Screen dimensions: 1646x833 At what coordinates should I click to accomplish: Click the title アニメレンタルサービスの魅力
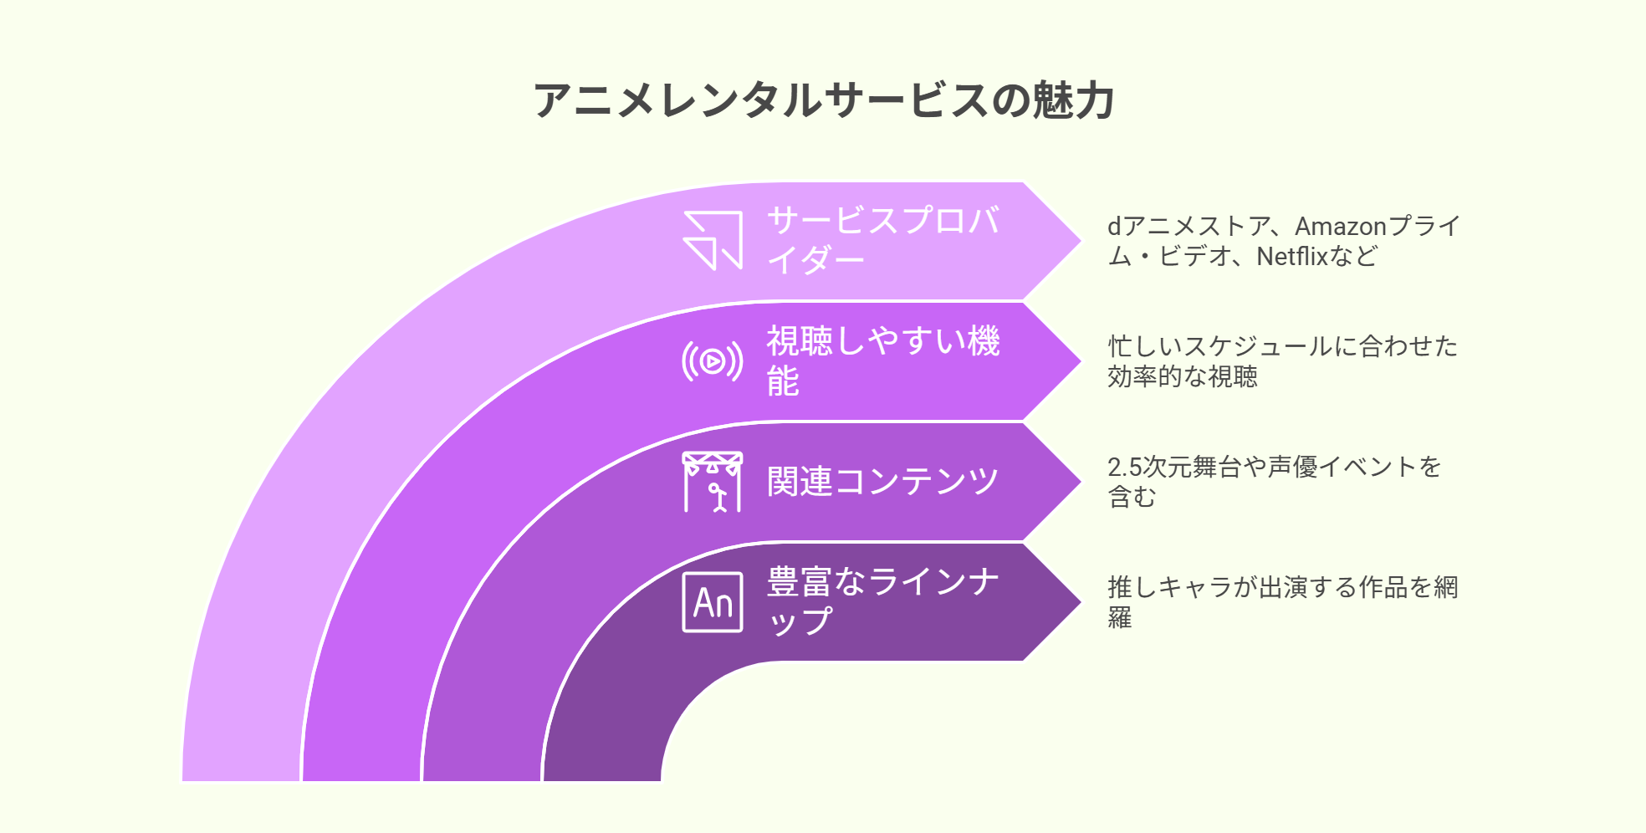pyautogui.click(x=824, y=100)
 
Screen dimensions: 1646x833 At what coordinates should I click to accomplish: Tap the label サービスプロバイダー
pyautogui.click(x=883, y=240)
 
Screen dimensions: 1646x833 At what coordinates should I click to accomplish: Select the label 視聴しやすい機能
pyautogui.click(x=883, y=360)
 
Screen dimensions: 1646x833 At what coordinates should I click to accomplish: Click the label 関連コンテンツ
pyautogui.click(x=883, y=482)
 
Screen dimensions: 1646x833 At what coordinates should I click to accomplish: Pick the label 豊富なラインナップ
pyautogui.click(x=883, y=601)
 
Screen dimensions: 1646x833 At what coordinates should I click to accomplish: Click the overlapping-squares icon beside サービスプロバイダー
pyautogui.click(x=713, y=241)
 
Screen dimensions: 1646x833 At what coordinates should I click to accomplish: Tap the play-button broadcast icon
pyautogui.click(x=713, y=361)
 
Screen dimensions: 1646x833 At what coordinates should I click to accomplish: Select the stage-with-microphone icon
pyautogui.click(x=713, y=482)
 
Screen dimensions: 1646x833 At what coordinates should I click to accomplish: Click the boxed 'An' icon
pyautogui.click(x=713, y=602)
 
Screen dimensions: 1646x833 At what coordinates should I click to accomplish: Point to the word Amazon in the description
pyautogui.click(x=1341, y=226)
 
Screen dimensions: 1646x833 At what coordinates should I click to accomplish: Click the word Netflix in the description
pyautogui.click(x=1292, y=256)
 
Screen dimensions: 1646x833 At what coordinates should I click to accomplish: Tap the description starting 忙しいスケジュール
pyautogui.click(x=1283, y=361)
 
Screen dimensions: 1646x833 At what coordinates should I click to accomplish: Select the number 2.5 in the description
pyautogui.click(x=1124, y=467)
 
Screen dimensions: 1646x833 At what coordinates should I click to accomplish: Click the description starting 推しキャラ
pyautogui.click(x=1283, y=602)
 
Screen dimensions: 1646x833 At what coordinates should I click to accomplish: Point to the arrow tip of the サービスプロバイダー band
pyautogui.click(x=1081, y=241)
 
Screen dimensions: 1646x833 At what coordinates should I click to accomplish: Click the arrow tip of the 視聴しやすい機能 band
pyautogui.click(x=1081, y=361)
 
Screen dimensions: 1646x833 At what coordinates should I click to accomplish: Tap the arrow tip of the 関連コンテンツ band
pyautogui.click(x=1081, y=482)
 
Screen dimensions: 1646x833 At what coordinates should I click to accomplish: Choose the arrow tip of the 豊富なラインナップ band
pyautogui.click(x=1081, y=602)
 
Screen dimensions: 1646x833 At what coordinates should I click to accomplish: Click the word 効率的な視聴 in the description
pyautogui.click(x=1183, y=376)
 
